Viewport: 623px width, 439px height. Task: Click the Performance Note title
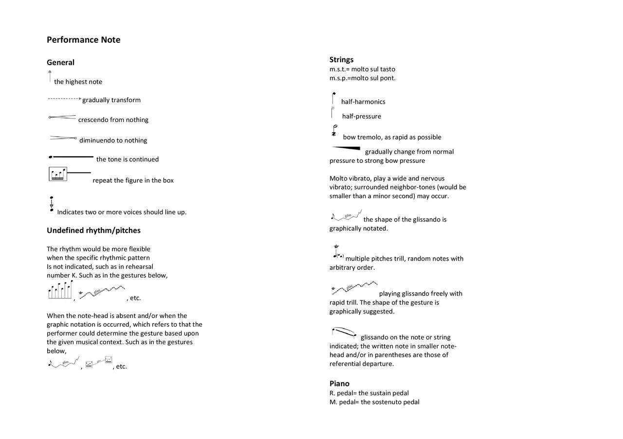tap(83, 40)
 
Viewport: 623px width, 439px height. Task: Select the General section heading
tap(60, 62)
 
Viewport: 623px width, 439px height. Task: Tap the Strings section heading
tap(341, 59)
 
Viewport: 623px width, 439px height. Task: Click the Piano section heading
tap(339, 384)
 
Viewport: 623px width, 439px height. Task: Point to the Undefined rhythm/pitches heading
tap(93, 230)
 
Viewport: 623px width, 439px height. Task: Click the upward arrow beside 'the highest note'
tap(50, 76)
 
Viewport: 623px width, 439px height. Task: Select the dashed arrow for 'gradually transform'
tap(64, 99)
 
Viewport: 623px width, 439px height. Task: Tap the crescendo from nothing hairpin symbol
tap(62, 117)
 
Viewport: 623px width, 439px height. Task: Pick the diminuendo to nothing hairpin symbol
tap(63, 138)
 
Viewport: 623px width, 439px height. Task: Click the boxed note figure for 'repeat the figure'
tap(58, 174)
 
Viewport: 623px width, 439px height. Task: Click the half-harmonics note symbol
tap(333, 98)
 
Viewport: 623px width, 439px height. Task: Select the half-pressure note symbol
tap(332, 113)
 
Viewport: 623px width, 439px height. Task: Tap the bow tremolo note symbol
tap(334, 130)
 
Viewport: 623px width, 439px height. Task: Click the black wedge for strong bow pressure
tap(347, 148)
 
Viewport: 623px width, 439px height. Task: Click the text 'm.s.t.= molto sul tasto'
tap(362, 69)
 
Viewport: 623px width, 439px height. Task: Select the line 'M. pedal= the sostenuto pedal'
tap(374, 402)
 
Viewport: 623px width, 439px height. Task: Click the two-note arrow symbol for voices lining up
tap(51, 204)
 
